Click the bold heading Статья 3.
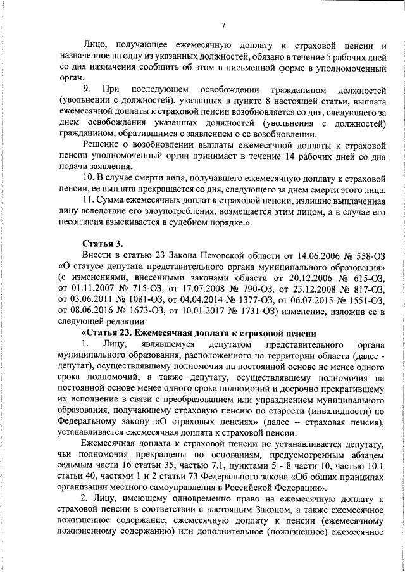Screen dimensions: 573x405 100,244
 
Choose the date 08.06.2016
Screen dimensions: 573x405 91,312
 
